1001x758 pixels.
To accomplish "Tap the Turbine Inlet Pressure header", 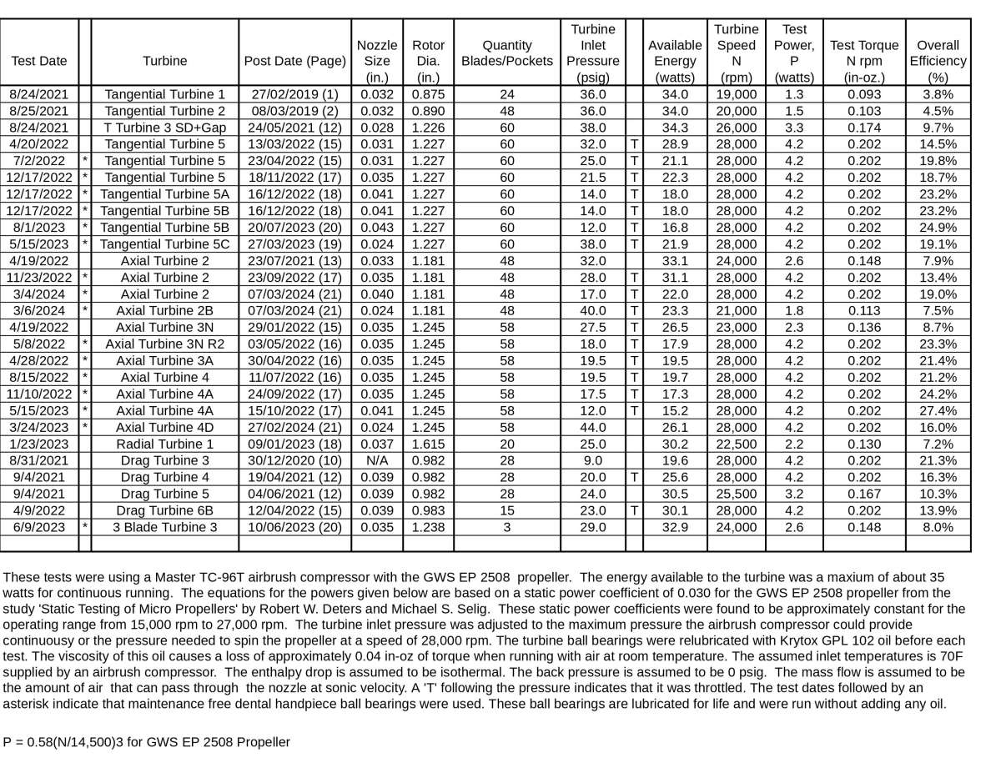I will (x=592, y=53).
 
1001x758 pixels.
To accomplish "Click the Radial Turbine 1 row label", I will (x=165, y=444).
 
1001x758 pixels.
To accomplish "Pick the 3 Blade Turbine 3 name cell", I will (x=165, y=527).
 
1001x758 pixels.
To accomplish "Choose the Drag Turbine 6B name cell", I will (x=165, y=510).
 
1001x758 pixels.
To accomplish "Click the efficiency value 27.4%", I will (x=938, y=410).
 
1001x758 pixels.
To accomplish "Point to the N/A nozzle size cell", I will (x=377, y=460).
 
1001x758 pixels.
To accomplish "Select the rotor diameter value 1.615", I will (x=428, y=444).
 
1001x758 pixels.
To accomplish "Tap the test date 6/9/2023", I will (x=40, y=527).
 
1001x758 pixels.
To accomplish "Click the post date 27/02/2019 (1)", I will (x=295, y=94).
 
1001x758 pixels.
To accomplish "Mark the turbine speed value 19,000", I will (x=736, y=94).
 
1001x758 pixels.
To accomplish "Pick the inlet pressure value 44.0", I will (x=592, y=427).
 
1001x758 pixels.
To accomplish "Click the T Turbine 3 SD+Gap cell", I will (x=165, y=128).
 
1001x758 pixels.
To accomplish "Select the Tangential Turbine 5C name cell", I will (x=165, y=244).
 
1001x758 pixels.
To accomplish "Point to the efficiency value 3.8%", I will (x=938, y=94).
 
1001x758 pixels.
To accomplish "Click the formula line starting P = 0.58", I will (x=147, y=741).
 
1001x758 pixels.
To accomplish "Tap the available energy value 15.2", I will (x=675, y=410).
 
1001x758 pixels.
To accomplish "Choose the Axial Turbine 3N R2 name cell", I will (x=165, y=344).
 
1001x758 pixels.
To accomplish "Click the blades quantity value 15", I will (x=506, y=510).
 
